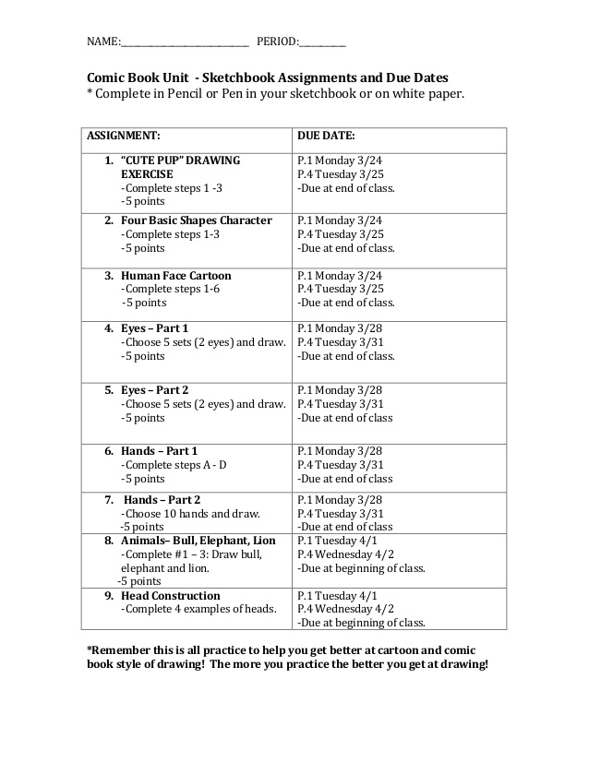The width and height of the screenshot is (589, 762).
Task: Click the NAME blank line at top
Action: click(x=185, y=44)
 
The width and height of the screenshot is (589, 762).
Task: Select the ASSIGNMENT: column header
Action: click(x=124, y=136)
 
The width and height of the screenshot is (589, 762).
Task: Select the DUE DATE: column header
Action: click(x=326, y=136)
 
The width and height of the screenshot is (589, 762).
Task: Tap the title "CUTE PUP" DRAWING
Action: click(x=180, y=161)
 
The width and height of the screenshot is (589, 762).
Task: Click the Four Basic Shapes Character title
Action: click(x=196, y=220)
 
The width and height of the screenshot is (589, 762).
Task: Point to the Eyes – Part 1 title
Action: click(x=154, y=328)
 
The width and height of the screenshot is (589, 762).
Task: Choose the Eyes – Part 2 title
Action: click(x=154, y=389)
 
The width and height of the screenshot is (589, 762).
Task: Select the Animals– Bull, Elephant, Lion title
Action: click(x=198, y=541)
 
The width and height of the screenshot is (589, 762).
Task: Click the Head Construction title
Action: click(x=170, y=596)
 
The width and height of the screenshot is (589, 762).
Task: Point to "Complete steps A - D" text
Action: click(x=174, y=465)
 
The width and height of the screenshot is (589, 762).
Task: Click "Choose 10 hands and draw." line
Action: click(x=190, y=514)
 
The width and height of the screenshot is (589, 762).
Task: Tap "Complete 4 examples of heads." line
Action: click(x=198, y=610)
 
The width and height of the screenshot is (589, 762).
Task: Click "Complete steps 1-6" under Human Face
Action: click(x=171, y=289)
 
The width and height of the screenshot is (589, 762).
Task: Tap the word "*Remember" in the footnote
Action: click(x=118, y=649)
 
